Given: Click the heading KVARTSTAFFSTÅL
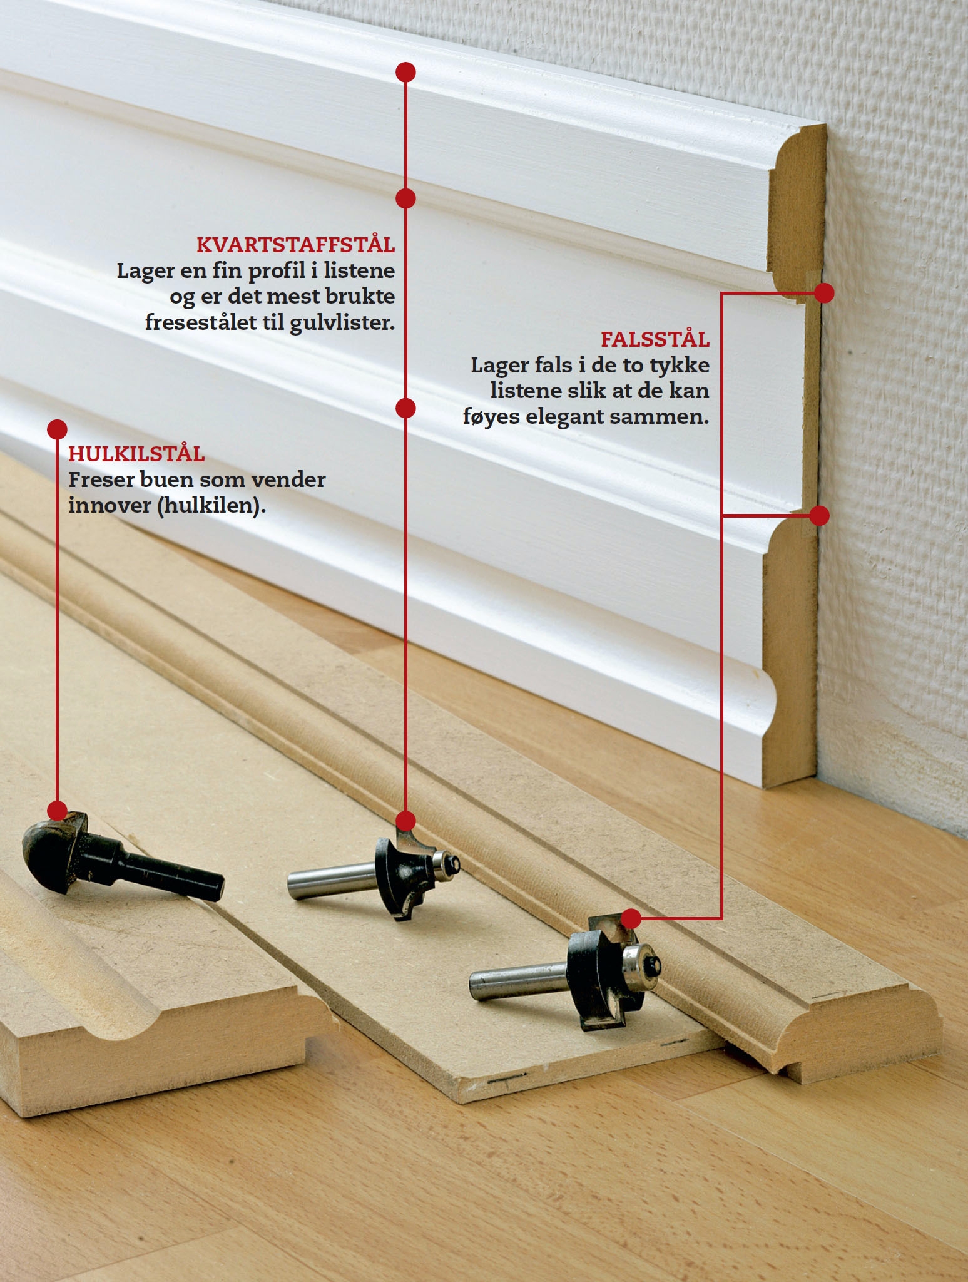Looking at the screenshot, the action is (x=295, y=245).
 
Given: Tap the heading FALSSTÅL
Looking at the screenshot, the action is (x=655, y=339).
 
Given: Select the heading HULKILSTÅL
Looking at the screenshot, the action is (x=136, y=453).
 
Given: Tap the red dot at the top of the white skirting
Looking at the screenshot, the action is (x=406, y=72).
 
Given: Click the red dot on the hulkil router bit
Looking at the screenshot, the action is (x=57, y=810).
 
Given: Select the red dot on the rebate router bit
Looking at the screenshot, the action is (x=631, y=918).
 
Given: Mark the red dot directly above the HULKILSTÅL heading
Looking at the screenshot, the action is (x=57, y=429).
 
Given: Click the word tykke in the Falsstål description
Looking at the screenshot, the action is (x=680, y=365).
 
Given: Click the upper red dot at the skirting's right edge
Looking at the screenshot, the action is (x=824, y=292).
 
